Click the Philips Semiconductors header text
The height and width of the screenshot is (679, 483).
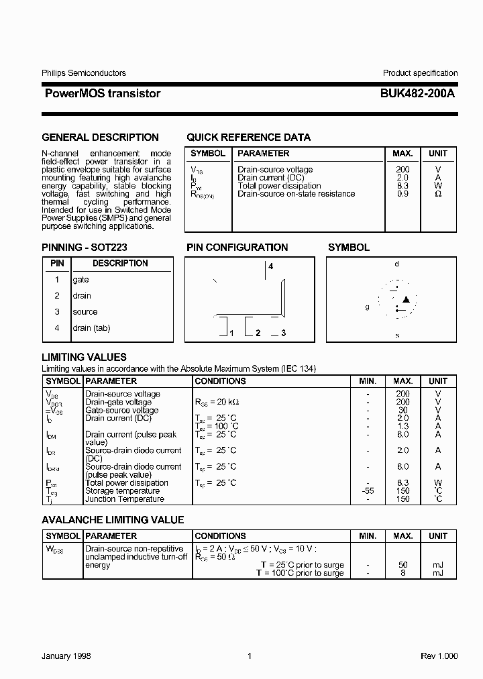[84, 73]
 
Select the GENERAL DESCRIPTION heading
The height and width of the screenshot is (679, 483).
[100, 138]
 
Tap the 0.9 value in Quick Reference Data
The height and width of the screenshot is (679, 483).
[402, 194]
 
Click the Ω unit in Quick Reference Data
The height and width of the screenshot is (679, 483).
[438, 194]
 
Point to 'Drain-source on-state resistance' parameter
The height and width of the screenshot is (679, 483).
[296, 194]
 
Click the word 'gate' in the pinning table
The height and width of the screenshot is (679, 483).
[80, 280]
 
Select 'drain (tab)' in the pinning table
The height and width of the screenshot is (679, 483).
[91, 328]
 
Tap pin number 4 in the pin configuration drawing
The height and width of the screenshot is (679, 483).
[271, 266]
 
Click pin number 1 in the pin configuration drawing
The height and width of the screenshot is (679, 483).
[231, 333]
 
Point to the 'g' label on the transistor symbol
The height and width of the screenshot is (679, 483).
[367, 307]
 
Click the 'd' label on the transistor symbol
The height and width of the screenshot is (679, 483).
[396, 264]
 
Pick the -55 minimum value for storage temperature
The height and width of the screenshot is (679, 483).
[368, 491]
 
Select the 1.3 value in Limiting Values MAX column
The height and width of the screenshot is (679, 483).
[402, 426]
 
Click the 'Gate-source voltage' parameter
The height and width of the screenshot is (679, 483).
[121, 410]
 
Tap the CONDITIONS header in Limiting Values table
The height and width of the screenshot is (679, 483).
[220, 381]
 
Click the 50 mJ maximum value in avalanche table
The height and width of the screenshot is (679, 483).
[402, 565]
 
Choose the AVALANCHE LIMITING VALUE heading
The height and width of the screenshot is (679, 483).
[113, 520]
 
